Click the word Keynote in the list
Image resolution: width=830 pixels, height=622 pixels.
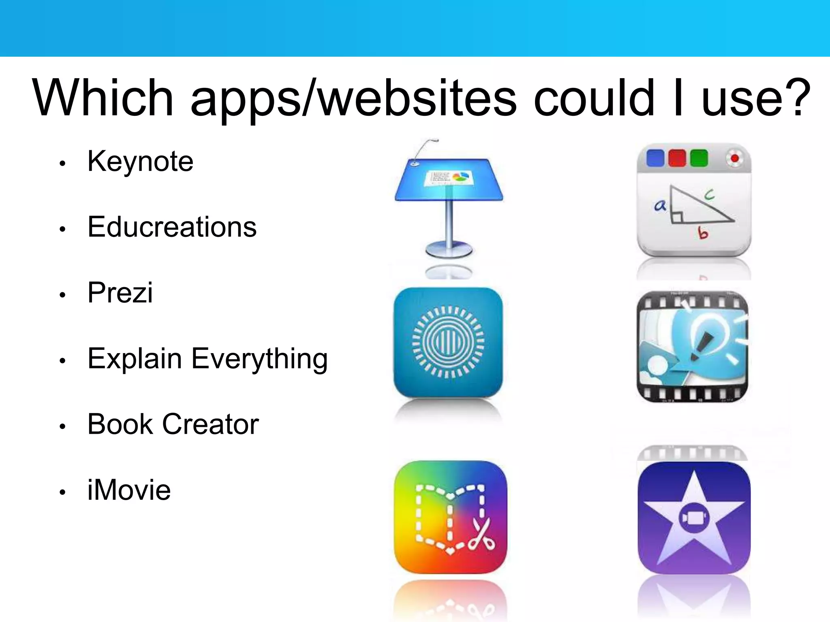140,162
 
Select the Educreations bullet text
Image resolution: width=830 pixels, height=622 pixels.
172,227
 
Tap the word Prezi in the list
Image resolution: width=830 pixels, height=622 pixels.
120,292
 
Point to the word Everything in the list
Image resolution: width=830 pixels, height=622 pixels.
259,359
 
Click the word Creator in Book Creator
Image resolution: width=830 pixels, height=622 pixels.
210,424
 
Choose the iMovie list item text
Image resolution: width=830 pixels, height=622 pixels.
129,490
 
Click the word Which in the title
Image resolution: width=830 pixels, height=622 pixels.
103,98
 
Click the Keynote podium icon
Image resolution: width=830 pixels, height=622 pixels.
449,202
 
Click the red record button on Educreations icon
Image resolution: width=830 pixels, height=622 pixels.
734,158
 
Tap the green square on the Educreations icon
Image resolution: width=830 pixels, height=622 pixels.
699,158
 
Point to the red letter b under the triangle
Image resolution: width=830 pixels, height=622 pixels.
703,233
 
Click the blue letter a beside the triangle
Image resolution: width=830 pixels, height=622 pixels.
660,206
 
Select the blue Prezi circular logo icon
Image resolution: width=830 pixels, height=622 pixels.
448,343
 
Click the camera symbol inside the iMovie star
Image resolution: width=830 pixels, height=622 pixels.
694,518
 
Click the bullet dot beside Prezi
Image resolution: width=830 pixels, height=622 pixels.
62,295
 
